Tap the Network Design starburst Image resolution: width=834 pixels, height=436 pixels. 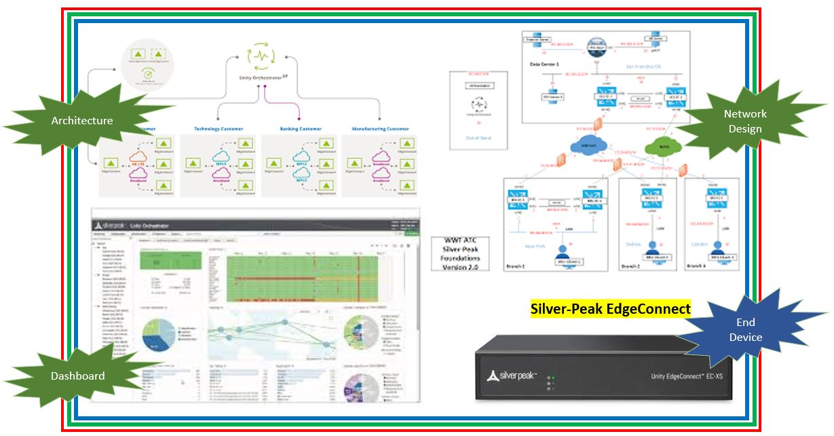point(744,122)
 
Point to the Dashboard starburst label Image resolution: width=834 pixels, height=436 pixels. point(77,376)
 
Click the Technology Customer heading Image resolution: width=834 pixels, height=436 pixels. point(219,128)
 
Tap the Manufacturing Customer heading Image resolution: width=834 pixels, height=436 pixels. point(380,128)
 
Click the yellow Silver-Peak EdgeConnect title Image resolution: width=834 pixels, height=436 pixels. point(610,309)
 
